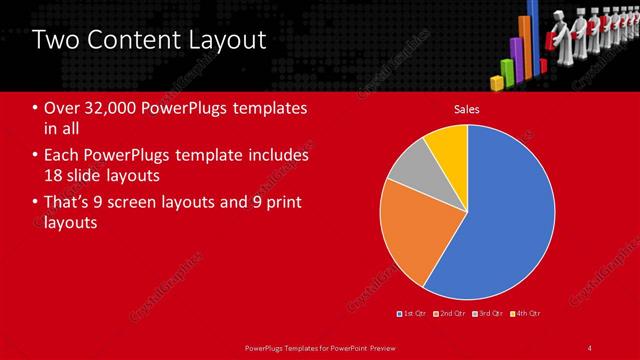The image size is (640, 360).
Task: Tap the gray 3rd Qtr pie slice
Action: click(408, 176)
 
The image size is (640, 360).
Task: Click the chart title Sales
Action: click(467, 109)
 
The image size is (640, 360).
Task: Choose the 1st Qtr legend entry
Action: click(412, 313)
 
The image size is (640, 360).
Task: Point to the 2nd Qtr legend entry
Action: click(450, 313)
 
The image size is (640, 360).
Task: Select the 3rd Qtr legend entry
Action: click(487, 313)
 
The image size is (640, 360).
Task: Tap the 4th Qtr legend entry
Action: click(524, 313)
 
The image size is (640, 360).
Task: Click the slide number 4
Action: click(590, 347)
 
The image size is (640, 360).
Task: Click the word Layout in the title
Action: click(226, 40)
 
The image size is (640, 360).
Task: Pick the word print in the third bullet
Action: click(282, 203)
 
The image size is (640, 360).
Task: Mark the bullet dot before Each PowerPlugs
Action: click(36, 156)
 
